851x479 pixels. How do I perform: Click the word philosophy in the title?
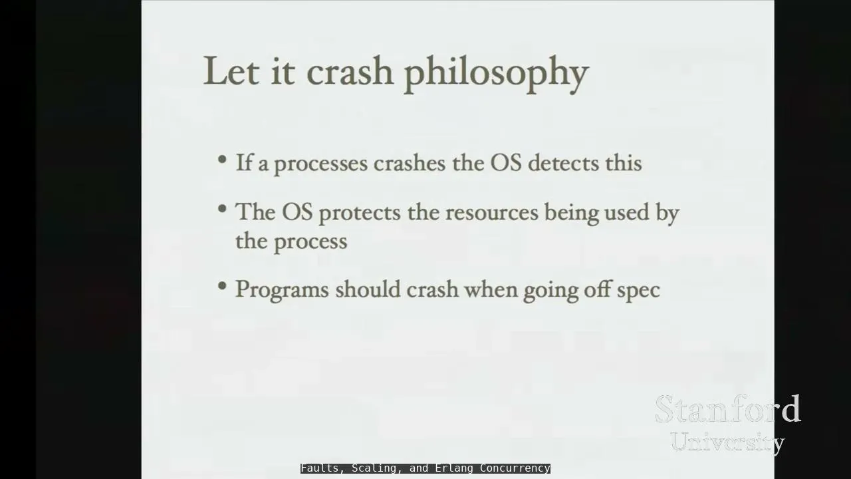coord(497,74)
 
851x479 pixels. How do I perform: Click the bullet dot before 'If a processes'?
coord(222,159)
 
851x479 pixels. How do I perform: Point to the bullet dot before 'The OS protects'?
coord(222,208)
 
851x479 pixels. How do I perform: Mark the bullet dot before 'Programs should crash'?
coord(222,285)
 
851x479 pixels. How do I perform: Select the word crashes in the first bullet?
coord(410,163)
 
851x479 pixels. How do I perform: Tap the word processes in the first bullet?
coord(321,165)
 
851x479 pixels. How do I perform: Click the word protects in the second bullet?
coord(360,214)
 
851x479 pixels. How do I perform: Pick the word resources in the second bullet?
coord(492,212)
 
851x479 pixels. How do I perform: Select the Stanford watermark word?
coord(727,408)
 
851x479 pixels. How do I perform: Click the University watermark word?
coord(727,442)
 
